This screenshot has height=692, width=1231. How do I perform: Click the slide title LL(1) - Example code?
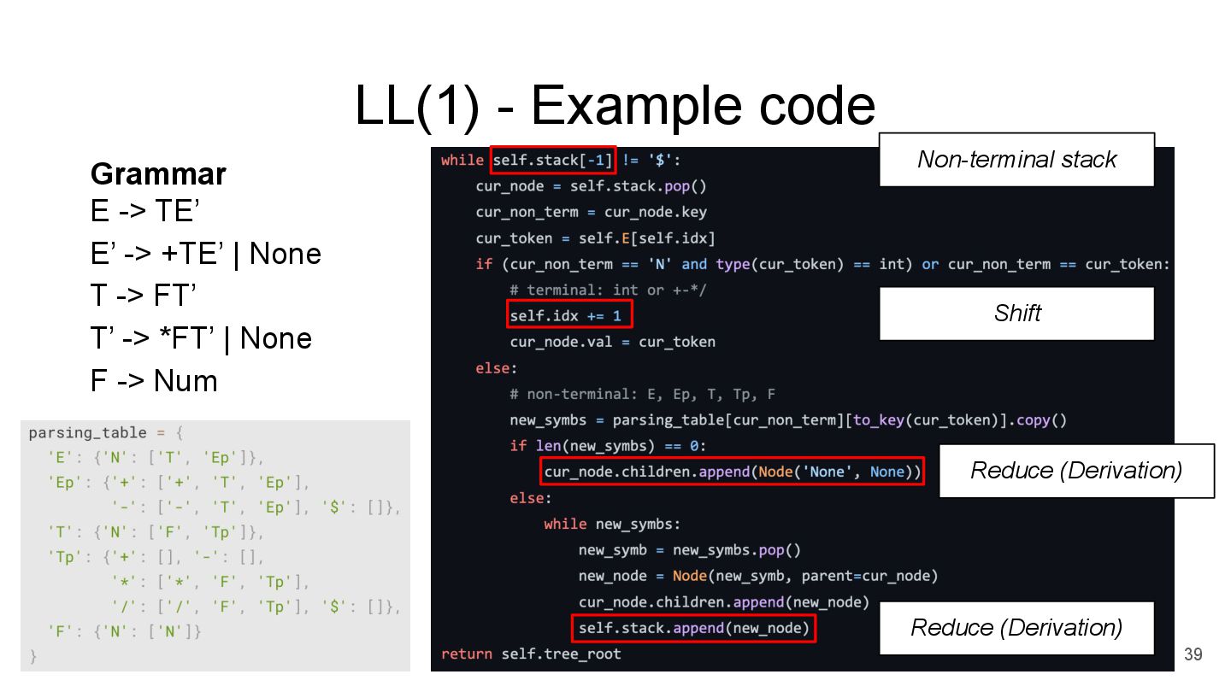point(615,106)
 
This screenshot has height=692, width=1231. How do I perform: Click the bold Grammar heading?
point(158,174)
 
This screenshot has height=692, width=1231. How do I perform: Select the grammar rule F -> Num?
point(154,380)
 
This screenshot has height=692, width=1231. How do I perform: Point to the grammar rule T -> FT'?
point(144,296)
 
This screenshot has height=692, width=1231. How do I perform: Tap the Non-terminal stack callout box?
point(1016,160)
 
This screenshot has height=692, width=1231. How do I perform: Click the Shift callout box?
point(1016,314)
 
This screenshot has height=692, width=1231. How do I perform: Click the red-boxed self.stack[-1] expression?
point(553,160)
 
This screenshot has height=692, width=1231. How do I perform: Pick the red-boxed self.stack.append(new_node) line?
point(693,629)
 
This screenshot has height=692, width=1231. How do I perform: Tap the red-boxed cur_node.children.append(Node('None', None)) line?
point(733,472)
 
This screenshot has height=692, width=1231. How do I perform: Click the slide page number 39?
point(1193,654)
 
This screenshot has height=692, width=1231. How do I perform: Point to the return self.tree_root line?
point(531,654)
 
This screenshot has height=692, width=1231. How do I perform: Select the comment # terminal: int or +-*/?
point(608,290)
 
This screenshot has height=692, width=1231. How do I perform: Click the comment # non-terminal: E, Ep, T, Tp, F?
point(642,394)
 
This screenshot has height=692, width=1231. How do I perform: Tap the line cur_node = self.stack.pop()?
point(591,186)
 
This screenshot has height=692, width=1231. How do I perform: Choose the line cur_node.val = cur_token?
point(612,342)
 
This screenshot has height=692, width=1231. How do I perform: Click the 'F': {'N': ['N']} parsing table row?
point(125,632)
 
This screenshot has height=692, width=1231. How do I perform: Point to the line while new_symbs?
point(612,524)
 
